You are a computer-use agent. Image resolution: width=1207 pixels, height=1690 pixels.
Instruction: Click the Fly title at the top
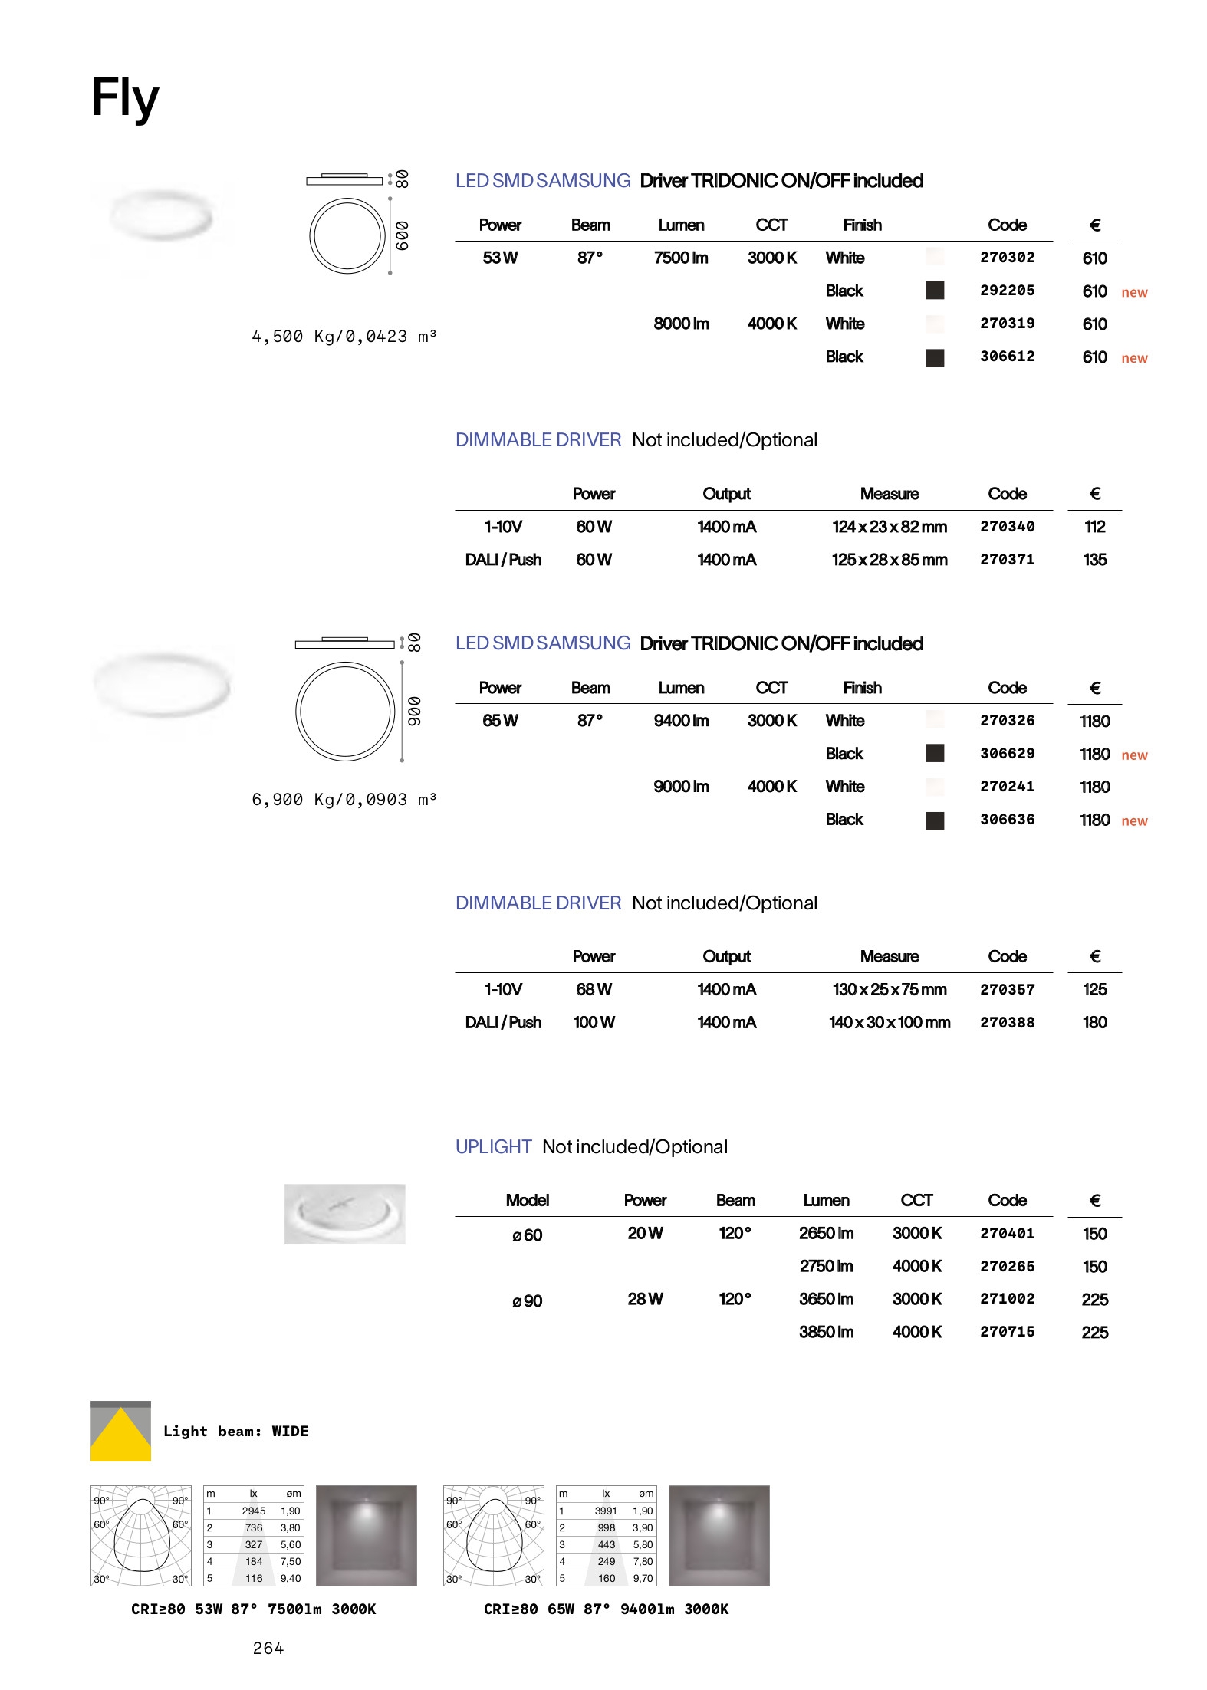point(125,98)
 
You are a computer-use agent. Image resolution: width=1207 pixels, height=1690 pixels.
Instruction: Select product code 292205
point(1007,291)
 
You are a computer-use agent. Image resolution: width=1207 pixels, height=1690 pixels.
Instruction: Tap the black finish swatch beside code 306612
point(935,357)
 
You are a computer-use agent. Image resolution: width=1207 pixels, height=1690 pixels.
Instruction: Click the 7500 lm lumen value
point(681,258)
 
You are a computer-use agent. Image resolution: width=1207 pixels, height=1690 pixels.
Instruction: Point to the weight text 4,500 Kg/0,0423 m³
point(344,337)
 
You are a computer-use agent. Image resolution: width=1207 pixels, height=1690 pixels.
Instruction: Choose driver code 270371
point(1007,560)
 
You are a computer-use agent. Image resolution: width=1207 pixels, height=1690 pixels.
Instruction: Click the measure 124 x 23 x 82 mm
point(889,527)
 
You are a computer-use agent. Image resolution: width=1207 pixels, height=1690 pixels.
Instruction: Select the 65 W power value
point(500,721)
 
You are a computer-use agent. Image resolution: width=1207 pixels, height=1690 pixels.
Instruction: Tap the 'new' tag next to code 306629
point(1134,755)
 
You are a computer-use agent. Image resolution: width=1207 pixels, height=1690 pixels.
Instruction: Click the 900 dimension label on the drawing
point(414,711)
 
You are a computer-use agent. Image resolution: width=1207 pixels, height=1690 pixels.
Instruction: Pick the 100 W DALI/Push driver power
point(594,1022)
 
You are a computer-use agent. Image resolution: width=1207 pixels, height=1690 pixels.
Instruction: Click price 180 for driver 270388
point(1094,1022)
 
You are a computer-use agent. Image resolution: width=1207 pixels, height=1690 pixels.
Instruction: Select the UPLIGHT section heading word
point(493,1146)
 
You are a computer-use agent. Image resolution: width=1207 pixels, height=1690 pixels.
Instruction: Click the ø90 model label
point(527,1301)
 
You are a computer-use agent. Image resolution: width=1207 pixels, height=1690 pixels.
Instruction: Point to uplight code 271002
point(1007,1299)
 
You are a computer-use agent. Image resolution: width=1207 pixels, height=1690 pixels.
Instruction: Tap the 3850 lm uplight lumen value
point(826,1332)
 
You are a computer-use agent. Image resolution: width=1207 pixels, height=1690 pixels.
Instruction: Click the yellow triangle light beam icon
point(120,1433)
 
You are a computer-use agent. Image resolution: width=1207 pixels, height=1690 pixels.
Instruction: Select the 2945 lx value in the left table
point(253,1511)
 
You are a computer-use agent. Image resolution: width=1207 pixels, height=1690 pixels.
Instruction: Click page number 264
point(268,1648)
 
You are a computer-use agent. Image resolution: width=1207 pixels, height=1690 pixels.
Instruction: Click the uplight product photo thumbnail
point(344,1214)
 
